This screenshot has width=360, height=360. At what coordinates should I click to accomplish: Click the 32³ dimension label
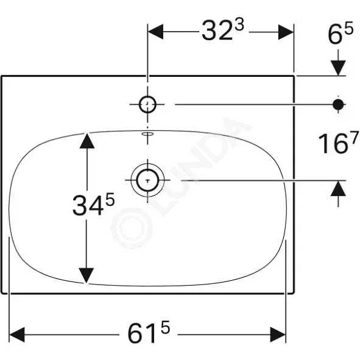tap(223, 30)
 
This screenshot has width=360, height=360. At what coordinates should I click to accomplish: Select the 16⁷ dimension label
tap(339, 143)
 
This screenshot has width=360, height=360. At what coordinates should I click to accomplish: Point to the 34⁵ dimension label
tap(93, 204)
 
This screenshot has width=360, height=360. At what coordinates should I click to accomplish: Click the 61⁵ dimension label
tap(149, 332)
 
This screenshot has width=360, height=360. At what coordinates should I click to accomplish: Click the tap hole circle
tap(147, 104)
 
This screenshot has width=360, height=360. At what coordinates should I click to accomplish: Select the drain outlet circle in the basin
tap(147, 180)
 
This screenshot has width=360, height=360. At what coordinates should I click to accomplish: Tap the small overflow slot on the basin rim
tap(148, 133)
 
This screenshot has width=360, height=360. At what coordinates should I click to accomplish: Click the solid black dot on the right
tap(338, 104)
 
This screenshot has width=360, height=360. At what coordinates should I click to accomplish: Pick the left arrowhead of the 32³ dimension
tap(155, 32)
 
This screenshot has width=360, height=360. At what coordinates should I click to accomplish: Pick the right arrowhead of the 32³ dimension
tap(286, 32)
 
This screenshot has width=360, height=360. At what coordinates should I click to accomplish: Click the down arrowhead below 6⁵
tap(338, 68)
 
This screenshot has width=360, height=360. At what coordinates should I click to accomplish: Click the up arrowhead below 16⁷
tap(338, 188)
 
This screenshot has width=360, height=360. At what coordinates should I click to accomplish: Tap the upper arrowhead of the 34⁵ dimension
tap(87, 141)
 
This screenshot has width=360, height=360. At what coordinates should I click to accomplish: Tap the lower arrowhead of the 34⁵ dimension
tap(86, 275)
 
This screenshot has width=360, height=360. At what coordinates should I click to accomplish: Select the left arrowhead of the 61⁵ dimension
tap(17, 334)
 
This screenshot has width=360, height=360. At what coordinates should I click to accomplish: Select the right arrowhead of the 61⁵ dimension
tap(278, 334)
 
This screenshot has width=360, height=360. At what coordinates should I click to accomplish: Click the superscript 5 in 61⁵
tap(165, 327)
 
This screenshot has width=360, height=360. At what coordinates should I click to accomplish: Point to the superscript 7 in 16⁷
tap(355, 138)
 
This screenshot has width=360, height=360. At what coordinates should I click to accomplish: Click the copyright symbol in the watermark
tap(132, 228)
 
